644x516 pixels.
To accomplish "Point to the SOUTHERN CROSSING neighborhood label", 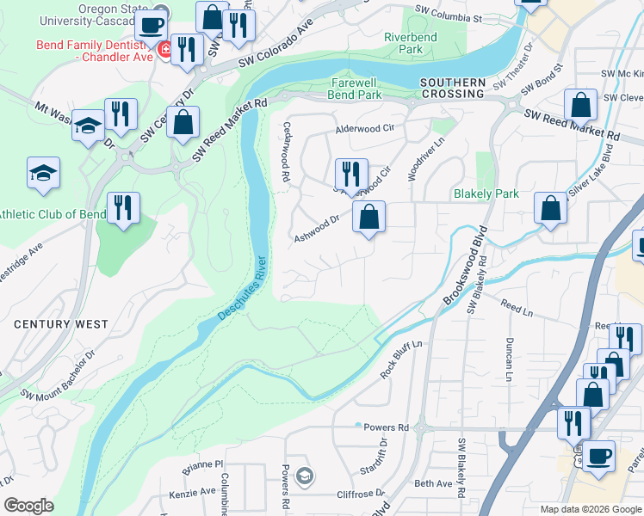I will point(452,88).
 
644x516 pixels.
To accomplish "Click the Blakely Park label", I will point(486,193).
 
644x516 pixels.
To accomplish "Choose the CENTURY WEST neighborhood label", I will point(60,324).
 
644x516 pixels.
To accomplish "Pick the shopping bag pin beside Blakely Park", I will point(550,209).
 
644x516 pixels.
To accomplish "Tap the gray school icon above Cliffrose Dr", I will point(303,475).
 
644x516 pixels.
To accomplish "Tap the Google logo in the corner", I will point(28,506).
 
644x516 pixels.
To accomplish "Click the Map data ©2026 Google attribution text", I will point(590,509).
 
